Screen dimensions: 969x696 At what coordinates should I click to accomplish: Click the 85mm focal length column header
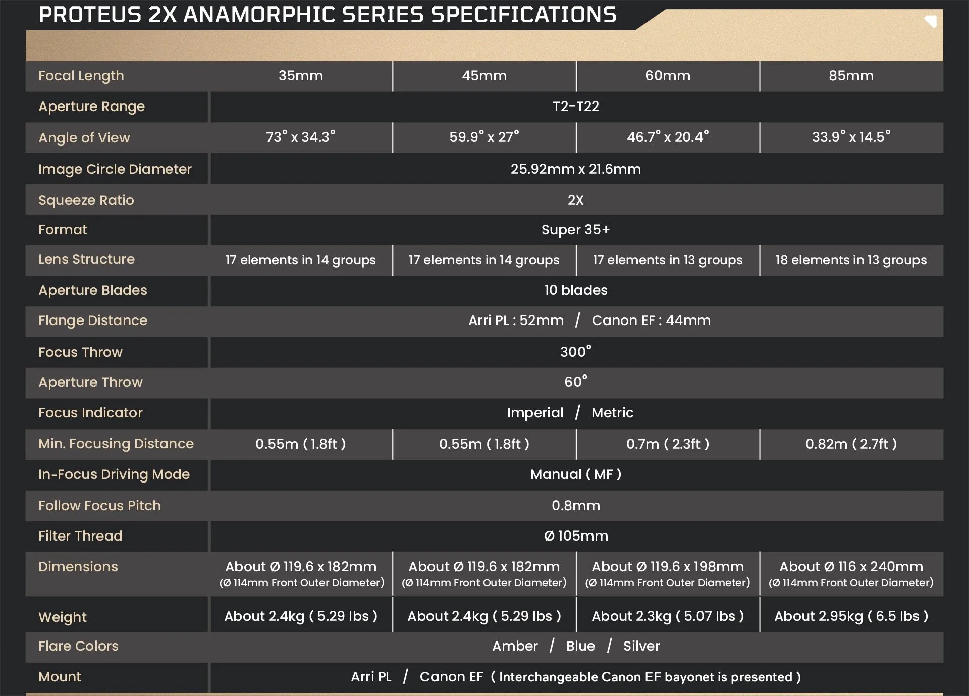[851, 76]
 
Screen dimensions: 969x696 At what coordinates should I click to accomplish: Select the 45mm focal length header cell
[484, 76]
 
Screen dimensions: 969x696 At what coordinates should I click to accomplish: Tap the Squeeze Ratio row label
[86, 200]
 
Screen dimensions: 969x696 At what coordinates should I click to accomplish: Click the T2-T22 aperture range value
[576, 106]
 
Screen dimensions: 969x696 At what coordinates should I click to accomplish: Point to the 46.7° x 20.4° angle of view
[668, 137]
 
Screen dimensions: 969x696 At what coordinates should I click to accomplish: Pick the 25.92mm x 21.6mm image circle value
[576, 169]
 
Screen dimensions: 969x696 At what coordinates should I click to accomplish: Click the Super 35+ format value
[576, 230]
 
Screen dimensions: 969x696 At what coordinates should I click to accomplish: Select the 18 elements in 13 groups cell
[851, 260]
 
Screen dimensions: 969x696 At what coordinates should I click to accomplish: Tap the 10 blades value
[576, 290]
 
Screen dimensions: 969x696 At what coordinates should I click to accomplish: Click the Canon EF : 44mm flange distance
[651, 320]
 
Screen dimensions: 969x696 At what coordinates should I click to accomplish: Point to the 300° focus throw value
[576, 351]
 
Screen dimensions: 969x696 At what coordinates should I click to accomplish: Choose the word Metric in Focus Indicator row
[612, 413]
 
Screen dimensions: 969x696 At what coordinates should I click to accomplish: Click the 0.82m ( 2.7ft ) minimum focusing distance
[851, 444]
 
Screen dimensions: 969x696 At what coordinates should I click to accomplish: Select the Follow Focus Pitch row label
[99, 506]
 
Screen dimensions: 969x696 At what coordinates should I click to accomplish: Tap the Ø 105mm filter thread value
[576, 536]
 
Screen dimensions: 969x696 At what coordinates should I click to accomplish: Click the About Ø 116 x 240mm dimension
[851, 567]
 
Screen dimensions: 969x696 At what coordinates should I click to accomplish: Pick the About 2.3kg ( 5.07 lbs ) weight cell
[668, 616]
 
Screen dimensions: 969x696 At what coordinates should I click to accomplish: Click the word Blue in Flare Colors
[580, 646]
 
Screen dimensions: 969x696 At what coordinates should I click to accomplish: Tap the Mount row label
[60, 677]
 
